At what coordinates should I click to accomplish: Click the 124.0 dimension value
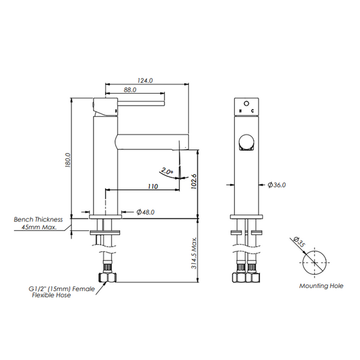(145, 80)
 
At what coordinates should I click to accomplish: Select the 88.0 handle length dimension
(130, 90)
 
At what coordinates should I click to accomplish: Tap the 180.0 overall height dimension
(68, 160)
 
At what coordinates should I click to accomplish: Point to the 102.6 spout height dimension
(194, 181)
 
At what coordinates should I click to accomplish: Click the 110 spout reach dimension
(153, 186)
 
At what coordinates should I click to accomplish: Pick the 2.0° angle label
(166, 171)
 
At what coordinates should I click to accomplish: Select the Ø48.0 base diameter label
(146, 212)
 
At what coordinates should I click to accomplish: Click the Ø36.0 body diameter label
(277, 185)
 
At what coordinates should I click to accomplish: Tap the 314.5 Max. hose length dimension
(194, 253)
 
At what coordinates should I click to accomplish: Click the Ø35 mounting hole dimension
(299, 241)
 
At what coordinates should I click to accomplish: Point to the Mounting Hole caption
(321, 286)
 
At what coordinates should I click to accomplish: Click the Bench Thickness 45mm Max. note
(38, 223)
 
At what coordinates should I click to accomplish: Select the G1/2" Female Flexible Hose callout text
(62, 292)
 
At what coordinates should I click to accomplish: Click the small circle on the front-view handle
(247, 104)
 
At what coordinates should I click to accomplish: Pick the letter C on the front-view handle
(253, 111)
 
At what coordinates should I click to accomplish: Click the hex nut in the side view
(107, 278)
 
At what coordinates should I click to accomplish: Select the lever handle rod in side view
(141, 103)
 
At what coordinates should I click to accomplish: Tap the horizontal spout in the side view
(152, 142)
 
